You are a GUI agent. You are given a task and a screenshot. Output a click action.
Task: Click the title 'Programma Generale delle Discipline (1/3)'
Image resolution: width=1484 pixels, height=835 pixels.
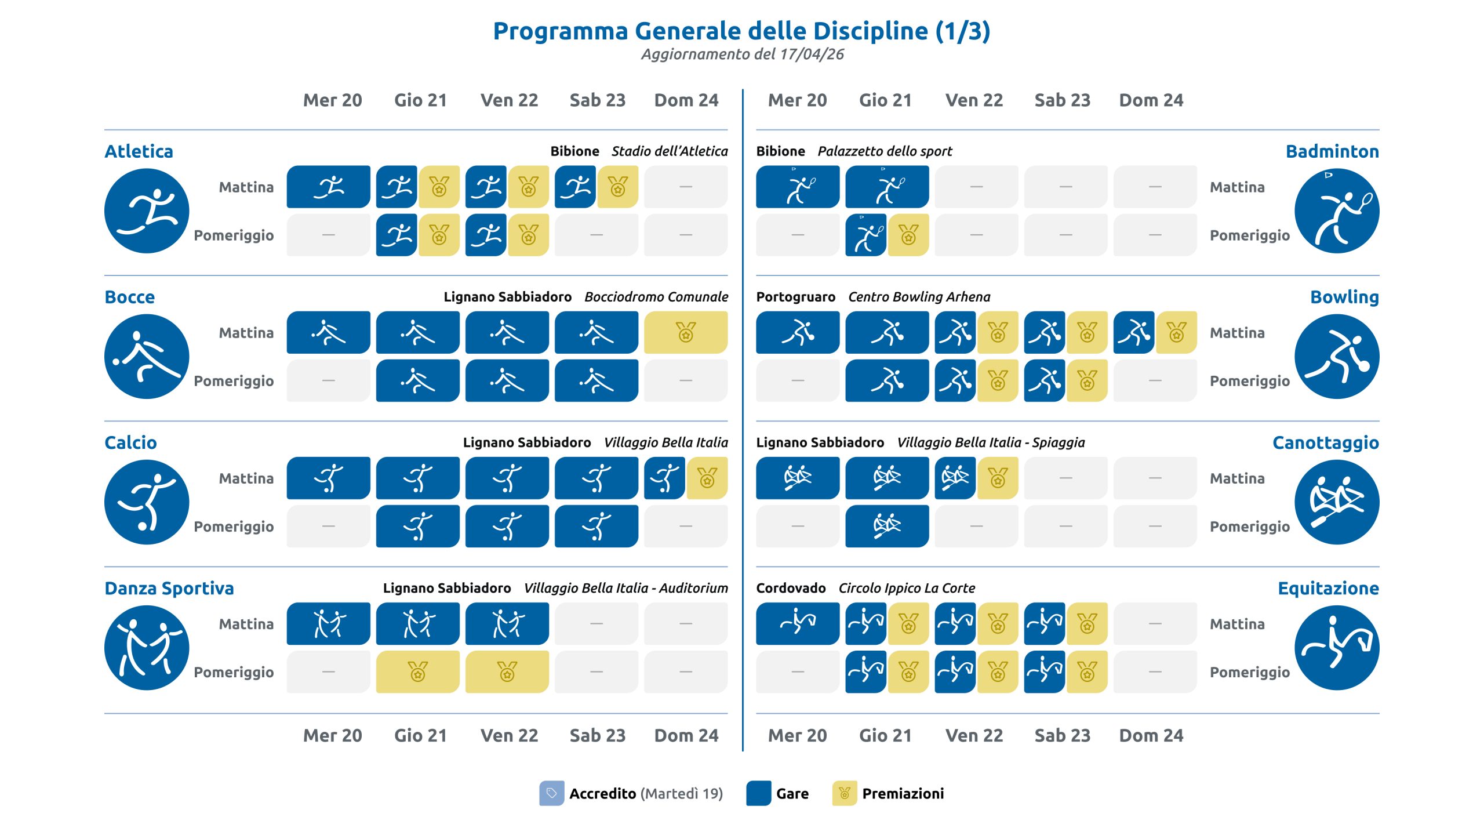(741, 31)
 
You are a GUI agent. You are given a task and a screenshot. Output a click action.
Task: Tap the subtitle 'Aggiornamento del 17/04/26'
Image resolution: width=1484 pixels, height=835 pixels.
(742, 55)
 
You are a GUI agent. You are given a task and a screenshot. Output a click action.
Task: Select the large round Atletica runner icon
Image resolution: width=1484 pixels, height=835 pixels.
(147, 211)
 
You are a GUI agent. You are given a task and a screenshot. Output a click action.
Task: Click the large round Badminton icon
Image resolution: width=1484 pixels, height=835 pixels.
(1337, 211)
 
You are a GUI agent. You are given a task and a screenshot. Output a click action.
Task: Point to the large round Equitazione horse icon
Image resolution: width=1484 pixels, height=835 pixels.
(1337, 648)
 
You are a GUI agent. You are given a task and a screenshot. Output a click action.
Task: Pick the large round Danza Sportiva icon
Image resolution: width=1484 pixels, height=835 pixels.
(147, 648)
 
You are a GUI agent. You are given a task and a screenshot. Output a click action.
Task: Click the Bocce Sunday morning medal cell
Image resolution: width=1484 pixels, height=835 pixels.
(686, 333)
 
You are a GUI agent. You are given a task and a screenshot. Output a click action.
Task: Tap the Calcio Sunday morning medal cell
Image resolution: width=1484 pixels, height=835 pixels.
(707, 478)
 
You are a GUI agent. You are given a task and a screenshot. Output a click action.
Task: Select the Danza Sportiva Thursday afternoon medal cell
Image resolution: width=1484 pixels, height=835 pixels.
(417, 672)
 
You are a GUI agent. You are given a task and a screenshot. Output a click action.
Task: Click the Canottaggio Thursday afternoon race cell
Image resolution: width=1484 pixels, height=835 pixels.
(887, 527)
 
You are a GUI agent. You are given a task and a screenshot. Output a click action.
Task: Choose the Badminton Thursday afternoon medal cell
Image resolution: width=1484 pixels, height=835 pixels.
(908, 235)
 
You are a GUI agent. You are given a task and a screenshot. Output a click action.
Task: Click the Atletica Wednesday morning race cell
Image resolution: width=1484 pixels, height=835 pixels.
(328, 187)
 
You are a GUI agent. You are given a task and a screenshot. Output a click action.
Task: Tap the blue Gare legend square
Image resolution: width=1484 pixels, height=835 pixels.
(758, 793)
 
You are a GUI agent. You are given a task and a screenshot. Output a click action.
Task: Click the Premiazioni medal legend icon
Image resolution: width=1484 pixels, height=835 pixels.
(844, 793)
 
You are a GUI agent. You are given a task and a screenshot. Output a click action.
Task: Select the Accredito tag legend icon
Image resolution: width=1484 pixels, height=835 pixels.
(551, 793)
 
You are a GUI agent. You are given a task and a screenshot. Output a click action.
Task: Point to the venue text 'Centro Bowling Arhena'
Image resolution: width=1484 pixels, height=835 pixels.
(919, 297)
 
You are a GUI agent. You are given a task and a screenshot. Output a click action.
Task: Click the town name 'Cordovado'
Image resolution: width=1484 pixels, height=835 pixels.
(791, 588)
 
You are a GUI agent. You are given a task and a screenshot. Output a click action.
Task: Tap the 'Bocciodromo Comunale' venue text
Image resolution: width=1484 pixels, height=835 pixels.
(656, 297)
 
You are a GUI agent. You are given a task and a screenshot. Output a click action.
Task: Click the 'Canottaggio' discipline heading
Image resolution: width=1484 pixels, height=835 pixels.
(1326, 443)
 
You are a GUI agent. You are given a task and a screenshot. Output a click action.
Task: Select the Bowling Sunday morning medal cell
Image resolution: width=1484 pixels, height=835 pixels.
(1176, 333)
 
